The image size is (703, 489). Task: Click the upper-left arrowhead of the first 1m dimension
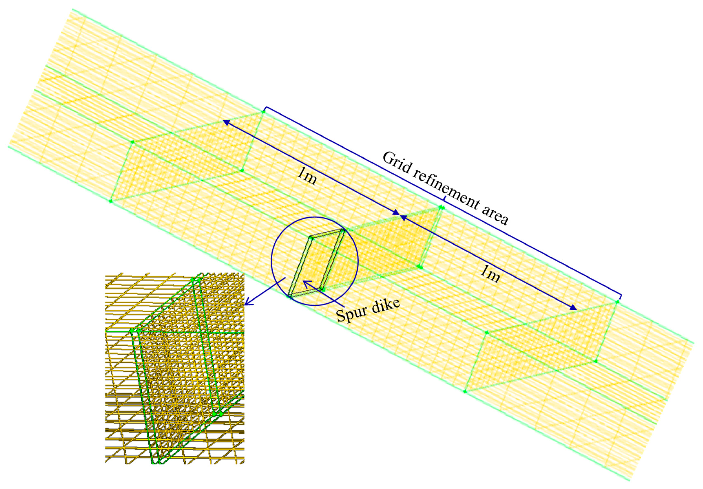tap(226, 122)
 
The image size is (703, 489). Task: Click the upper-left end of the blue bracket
tap(265, 108)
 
